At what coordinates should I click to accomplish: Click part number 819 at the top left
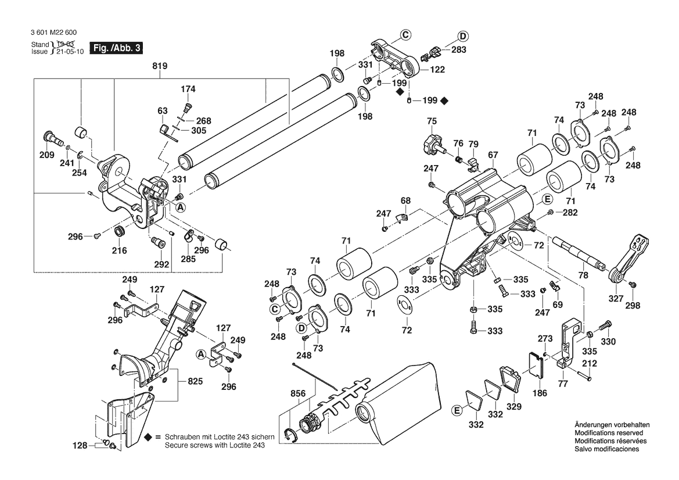click(160, 66)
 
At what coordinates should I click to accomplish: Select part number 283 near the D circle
click(459, 50)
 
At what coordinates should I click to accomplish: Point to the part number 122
click(437, 69)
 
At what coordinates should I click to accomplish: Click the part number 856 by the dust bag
click(297, 393)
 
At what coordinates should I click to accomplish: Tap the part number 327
click(616, 299)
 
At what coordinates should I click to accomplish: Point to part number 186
click(540, 393)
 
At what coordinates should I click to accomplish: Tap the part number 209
click(46, 155)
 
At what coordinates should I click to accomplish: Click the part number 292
click(161, 264)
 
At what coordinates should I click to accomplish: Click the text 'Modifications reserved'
click(608, 433)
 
